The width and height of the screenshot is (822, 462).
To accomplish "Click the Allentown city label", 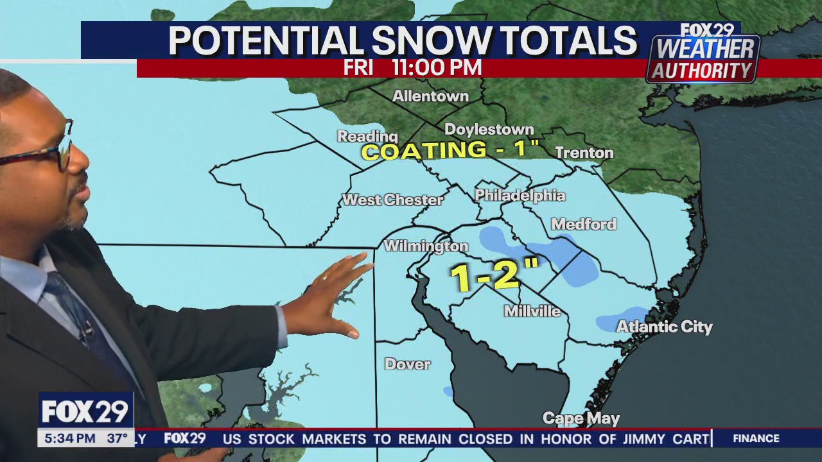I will [x=430, y=96].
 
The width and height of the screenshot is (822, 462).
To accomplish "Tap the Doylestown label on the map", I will [x=489, y=130].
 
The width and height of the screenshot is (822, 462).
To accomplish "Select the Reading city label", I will [x=367, y=136].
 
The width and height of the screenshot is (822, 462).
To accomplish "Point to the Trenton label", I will [x=584, y=153].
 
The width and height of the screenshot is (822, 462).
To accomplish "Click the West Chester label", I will [x=392, y=200].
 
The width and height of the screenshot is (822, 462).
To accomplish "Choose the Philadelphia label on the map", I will [x=520, y=196].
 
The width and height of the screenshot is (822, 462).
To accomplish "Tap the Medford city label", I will [x=583, y=224].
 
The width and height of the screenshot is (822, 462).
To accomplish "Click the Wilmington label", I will [x=426, y=246].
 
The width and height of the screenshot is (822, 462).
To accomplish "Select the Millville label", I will [x=532, y=311].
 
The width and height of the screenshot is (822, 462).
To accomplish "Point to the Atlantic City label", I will [x=664, y=327].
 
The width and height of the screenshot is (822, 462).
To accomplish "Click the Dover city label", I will [x=407, y=364].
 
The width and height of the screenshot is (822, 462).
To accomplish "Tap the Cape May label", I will [x=581, y=418].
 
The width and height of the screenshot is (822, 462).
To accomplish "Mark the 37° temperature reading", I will [x=117, y=439].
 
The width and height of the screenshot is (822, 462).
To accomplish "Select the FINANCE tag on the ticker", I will [x=756, y=438].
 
